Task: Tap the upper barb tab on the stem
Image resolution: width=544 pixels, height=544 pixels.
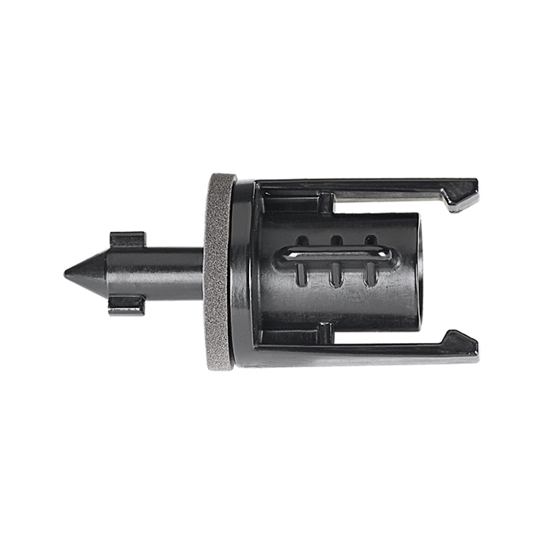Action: pos(127,239)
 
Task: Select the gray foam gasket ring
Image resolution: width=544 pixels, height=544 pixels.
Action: pos(219,272)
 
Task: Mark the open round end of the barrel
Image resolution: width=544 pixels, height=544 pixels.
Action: pos(413,271)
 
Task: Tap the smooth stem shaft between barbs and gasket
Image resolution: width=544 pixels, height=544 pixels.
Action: pos(174,272)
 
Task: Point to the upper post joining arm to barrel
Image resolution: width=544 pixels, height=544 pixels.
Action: pos(324,204)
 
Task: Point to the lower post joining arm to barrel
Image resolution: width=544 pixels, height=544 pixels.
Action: pos(324,335)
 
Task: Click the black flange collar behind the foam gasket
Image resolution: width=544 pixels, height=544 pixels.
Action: pos(243,272)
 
